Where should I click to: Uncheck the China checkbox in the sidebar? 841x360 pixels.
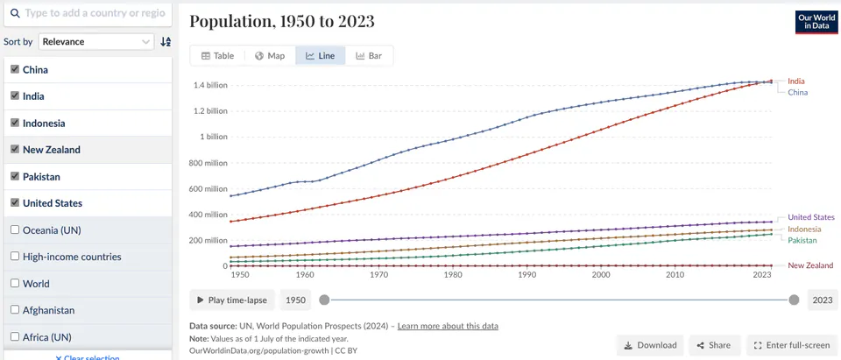point(15,70)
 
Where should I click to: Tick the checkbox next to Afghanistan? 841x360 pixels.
point(15,310)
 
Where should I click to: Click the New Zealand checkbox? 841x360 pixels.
point(15,150)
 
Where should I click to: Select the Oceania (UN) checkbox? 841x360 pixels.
point(15,230)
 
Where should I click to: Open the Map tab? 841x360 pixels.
point(270,56)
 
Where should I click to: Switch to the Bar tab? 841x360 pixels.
point(369,56)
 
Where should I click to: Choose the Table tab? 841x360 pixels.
point(218,56)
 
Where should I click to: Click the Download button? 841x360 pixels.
point(649,345)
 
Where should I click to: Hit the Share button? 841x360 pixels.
point(714,345)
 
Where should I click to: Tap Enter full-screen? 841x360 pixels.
point(792,345)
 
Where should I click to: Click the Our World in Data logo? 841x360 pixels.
point(816,23)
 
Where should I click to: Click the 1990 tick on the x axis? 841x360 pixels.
point(527,275)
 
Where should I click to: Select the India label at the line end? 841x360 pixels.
point(796,81)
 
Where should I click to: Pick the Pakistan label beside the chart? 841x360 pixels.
point(802,240)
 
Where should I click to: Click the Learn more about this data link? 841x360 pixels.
point(448,326)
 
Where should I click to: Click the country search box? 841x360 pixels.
point(88,13)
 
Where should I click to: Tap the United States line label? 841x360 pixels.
point(811,217)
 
